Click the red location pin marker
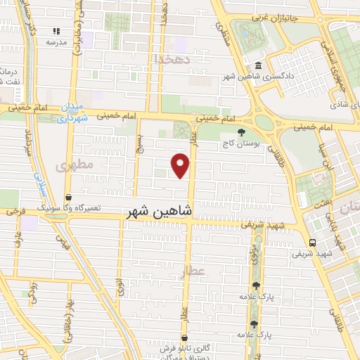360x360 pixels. pos(181,165)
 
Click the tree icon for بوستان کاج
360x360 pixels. pos(241,132)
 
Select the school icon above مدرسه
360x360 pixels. pos(56,32)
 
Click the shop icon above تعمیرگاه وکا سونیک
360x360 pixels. pos(67,198)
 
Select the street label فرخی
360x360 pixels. pos(15,211)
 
